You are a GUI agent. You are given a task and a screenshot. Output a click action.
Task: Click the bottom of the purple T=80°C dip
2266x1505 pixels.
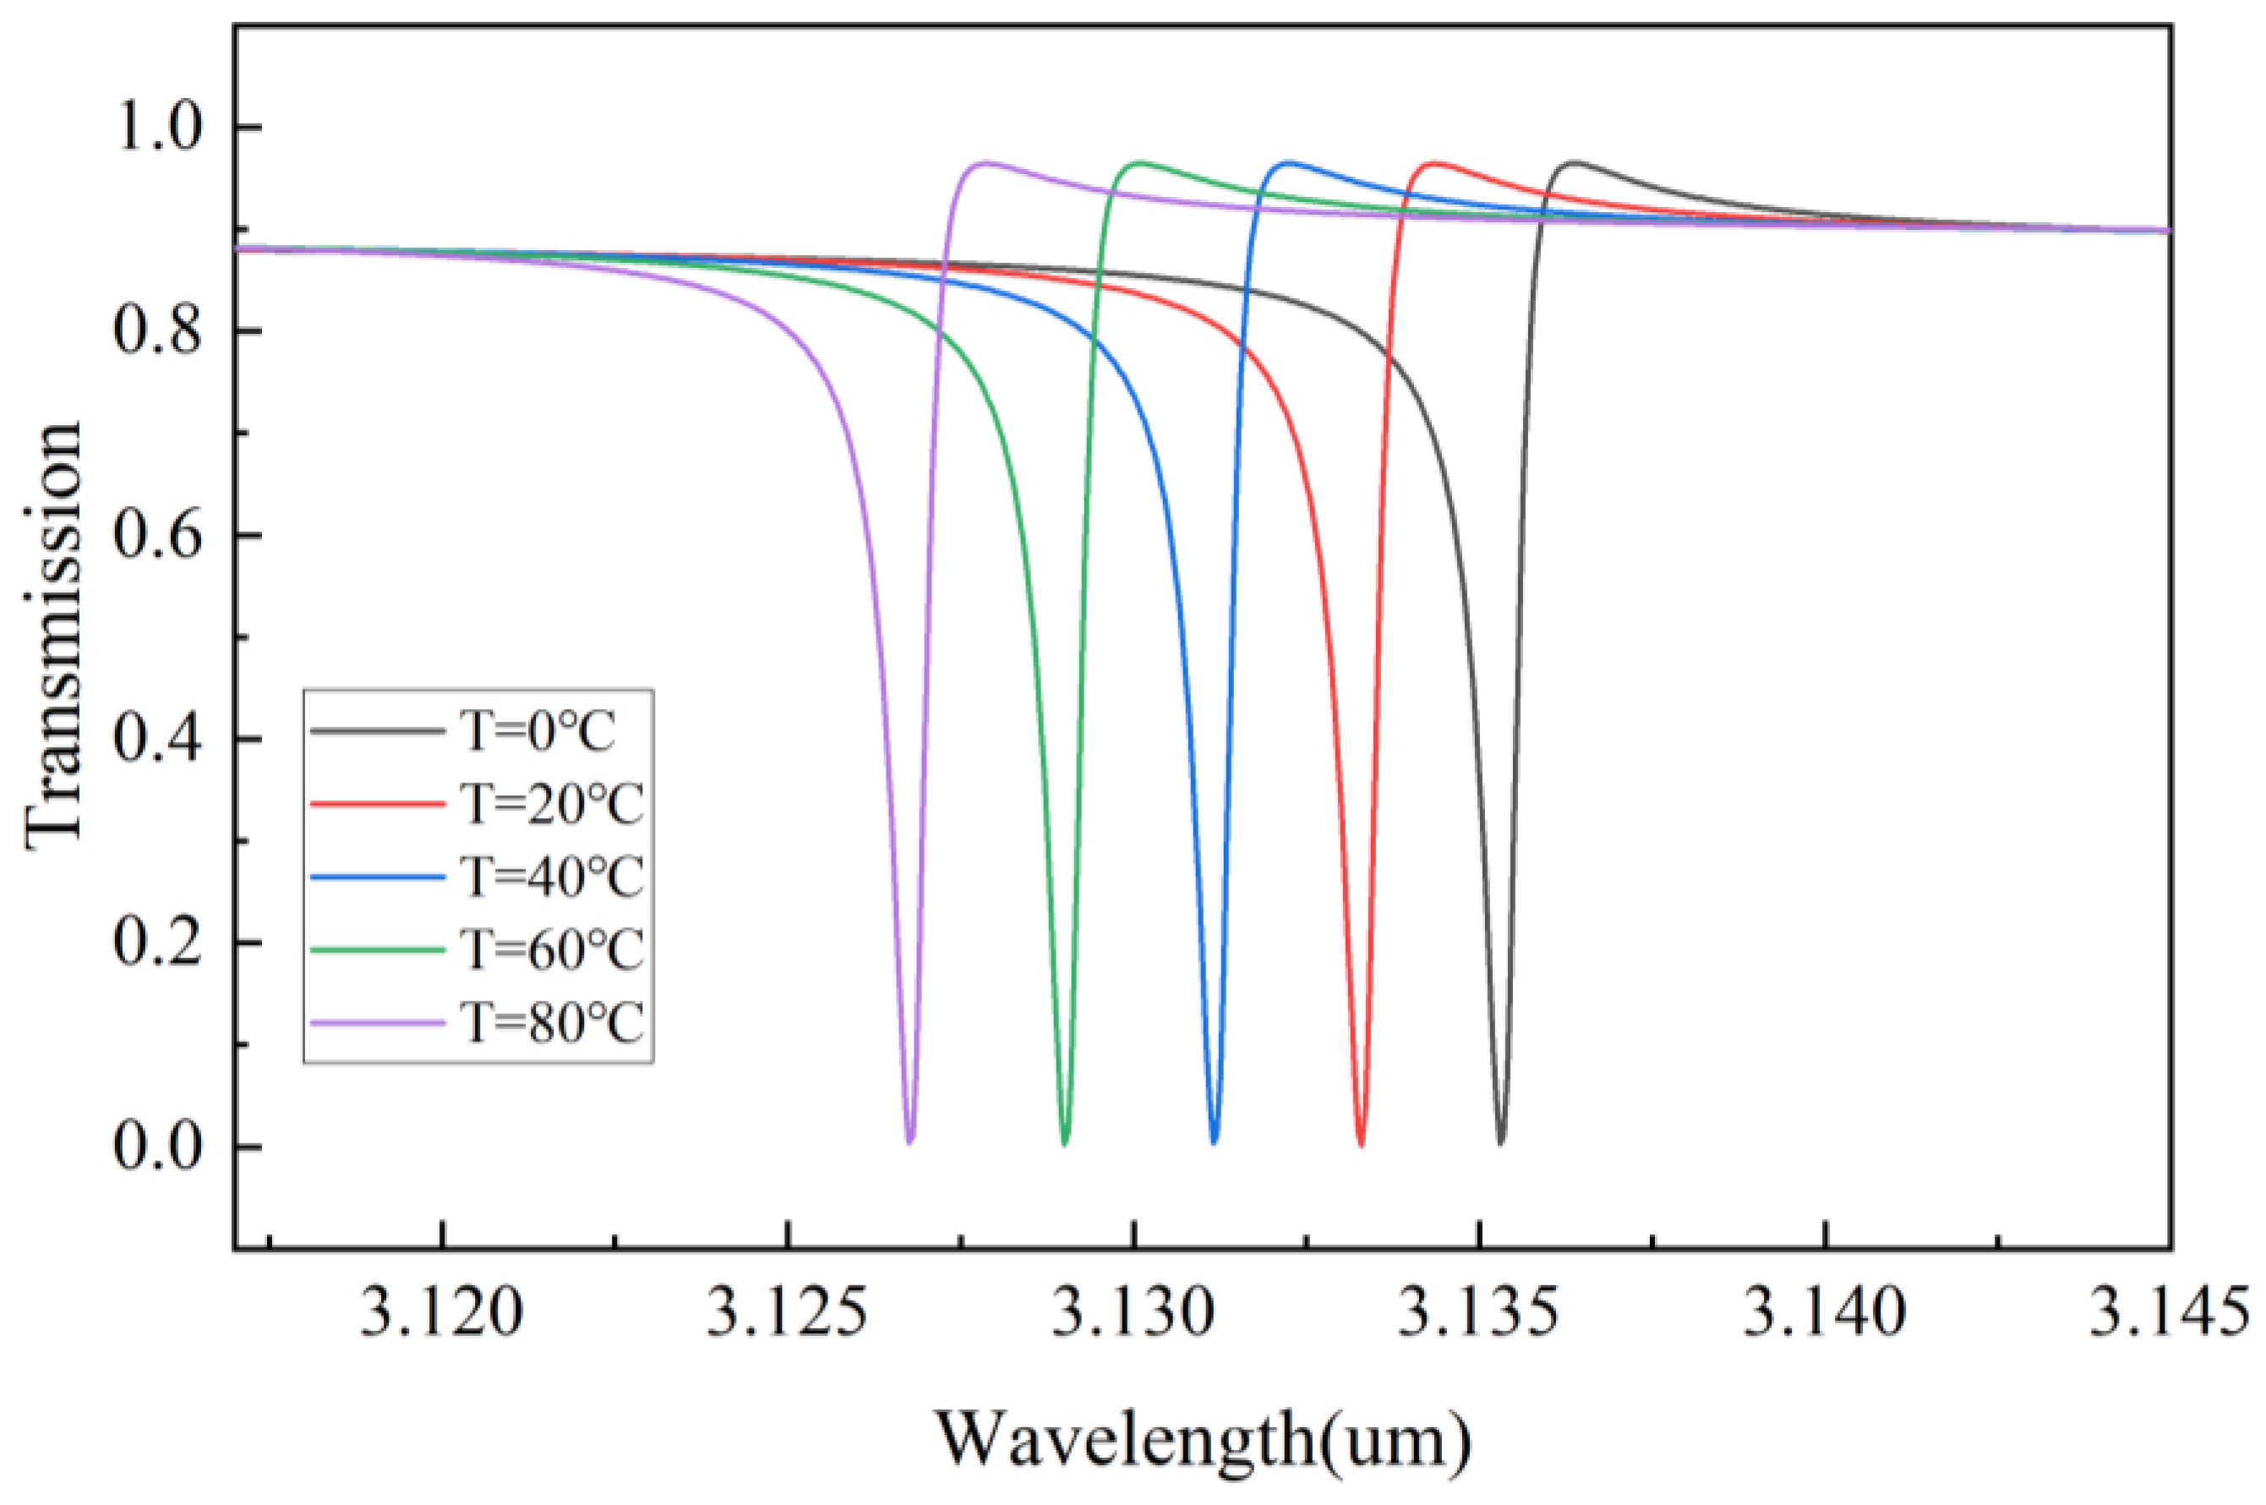point(909,1142)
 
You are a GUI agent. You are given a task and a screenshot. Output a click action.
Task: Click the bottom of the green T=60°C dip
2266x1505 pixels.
point(1064,1143)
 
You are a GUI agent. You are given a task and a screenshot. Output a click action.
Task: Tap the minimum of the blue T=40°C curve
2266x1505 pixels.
point(1214,1142)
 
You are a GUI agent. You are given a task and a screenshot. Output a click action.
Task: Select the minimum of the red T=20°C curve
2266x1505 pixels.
point(1361,1144)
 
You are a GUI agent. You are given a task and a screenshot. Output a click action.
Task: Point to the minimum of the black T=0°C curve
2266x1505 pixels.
point(1501,1142)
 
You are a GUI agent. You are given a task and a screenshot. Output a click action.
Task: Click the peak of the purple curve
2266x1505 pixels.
point(985,162)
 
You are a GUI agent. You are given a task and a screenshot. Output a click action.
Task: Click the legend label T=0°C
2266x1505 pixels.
point(539,733)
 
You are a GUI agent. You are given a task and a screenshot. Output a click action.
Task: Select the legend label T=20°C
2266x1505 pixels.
point(553,804)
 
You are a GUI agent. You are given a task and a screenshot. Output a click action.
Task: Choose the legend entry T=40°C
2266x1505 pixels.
point(553,876)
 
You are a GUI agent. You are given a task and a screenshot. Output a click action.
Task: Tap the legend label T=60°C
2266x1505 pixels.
point(553,949)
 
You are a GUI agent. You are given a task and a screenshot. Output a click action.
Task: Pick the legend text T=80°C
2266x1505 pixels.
point(553,1023)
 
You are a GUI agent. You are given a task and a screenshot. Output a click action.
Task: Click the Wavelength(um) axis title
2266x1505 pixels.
point(1204,1440)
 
